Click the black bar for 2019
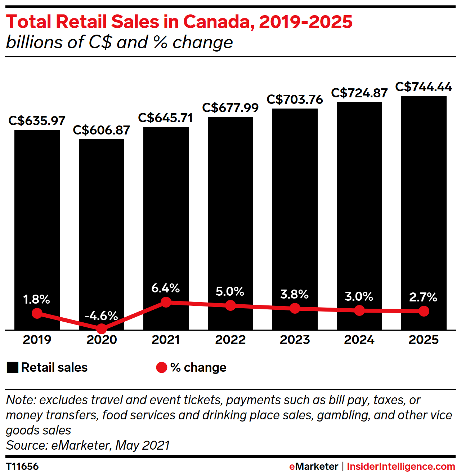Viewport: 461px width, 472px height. [x=37, y=230]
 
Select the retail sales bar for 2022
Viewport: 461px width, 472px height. [x=230, y=224]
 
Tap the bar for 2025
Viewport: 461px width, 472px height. [x=424, y=213]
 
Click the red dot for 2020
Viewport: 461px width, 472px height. [x=102, y=328]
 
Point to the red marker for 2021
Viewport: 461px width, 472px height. [x=166, y=302]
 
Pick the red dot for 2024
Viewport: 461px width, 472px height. [x=359, y=310]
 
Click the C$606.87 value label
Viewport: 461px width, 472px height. [x=102, y=130]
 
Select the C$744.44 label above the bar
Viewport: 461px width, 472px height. [x=424, y=87]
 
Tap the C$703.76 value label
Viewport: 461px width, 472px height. [x=295, y=100]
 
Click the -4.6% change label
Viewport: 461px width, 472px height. [x=101, y=316]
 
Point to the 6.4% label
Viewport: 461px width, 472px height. [x=166, y=288]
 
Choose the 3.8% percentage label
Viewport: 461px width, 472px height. [x=295, y=294]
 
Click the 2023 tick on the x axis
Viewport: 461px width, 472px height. [x=295, y=340]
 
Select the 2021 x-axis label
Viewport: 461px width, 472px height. [x=166, y=340]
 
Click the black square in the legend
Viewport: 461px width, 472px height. [x=12, y=367]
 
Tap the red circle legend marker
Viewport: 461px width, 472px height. [x=162, y=367]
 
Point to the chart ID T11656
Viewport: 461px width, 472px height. [x=22, y=466]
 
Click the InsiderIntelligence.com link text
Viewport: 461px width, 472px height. [x=401, y=466]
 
